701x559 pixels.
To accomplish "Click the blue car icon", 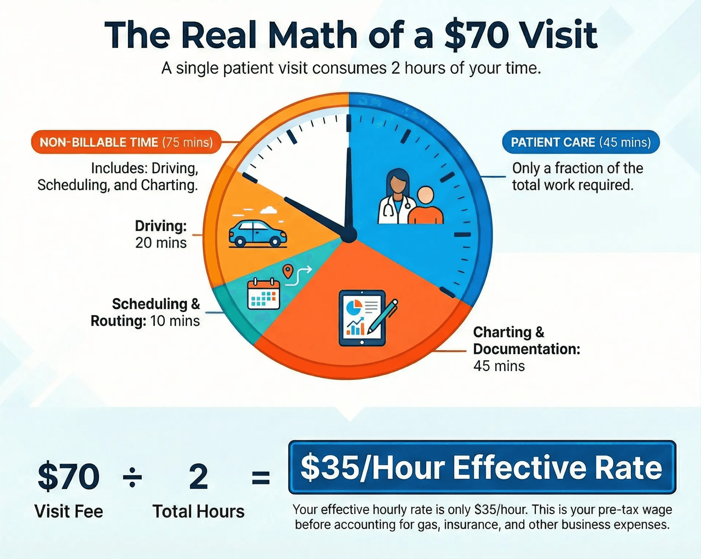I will coord(257,233).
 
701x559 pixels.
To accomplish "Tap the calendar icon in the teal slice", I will coord(264,294).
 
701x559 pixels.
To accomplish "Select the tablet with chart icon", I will coord(361,318).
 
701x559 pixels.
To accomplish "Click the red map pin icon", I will coord(288,271).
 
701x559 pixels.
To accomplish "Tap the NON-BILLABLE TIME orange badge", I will coord(126,142).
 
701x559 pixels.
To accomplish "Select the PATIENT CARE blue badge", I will coord(581,142).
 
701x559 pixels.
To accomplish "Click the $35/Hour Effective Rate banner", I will coord(482,468).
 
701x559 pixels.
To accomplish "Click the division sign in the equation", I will coord(132,477).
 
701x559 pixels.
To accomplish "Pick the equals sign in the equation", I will coord(261,477).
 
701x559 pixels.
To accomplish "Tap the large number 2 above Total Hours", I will coord(199,477).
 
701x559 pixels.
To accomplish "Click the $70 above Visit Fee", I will coord(69,477).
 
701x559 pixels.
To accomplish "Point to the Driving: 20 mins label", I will coord(161,234).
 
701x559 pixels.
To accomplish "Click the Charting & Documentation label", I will coord(526,349).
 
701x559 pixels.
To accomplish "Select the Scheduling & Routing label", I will coord(145,312).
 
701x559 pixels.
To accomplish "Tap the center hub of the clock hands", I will coord(349,235).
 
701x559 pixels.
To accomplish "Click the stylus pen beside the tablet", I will coord(384,316).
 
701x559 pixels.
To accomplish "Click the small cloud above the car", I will coord(269,210).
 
